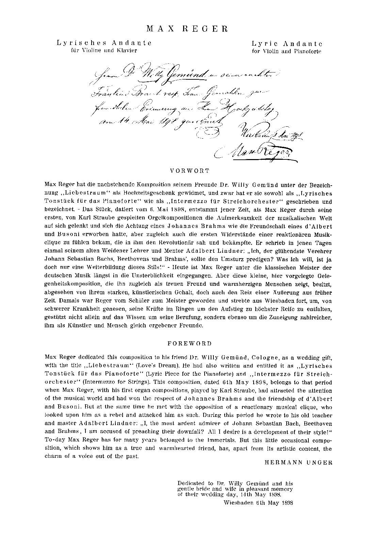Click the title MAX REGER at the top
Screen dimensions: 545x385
[187, 29]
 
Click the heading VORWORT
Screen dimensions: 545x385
[190, 170]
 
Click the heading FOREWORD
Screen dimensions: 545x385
[190, 343]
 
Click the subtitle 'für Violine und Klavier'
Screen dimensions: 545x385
[104, 51]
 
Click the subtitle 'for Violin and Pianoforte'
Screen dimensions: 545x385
[287, 51]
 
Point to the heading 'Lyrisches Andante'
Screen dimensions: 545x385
[104, 43]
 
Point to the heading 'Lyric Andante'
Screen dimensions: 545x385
[287, 44]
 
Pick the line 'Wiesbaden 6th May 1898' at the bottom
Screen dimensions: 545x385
[259, 502]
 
